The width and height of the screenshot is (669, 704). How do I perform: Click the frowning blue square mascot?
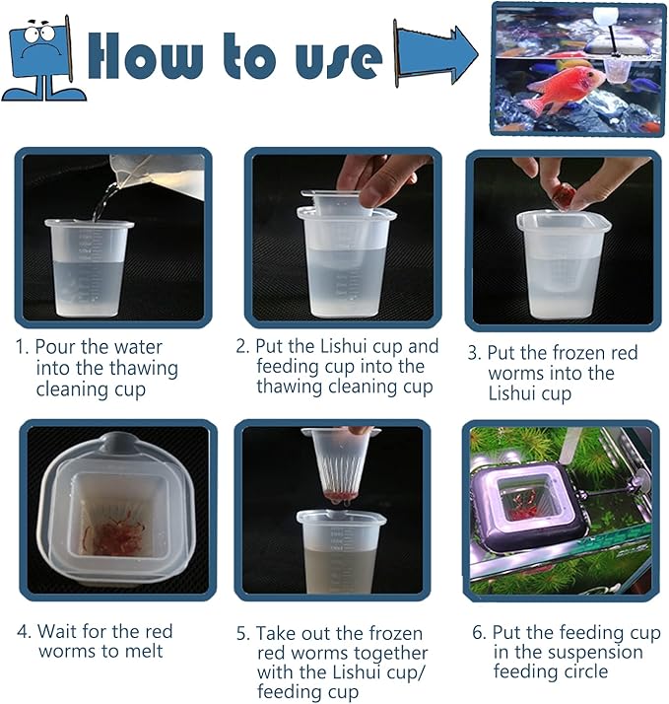point(42,58)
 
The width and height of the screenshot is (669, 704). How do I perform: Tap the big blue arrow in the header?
point(436,54)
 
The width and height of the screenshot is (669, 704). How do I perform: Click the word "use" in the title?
point(339,60)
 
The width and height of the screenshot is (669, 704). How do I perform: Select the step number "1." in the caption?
point(23,347)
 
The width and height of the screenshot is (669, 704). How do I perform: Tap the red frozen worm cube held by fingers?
point(564,197)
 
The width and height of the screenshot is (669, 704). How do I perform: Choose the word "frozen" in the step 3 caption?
point(565,353)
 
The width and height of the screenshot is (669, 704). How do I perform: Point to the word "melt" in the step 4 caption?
point(144,652)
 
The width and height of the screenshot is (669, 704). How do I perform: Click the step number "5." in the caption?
point(242,634)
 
